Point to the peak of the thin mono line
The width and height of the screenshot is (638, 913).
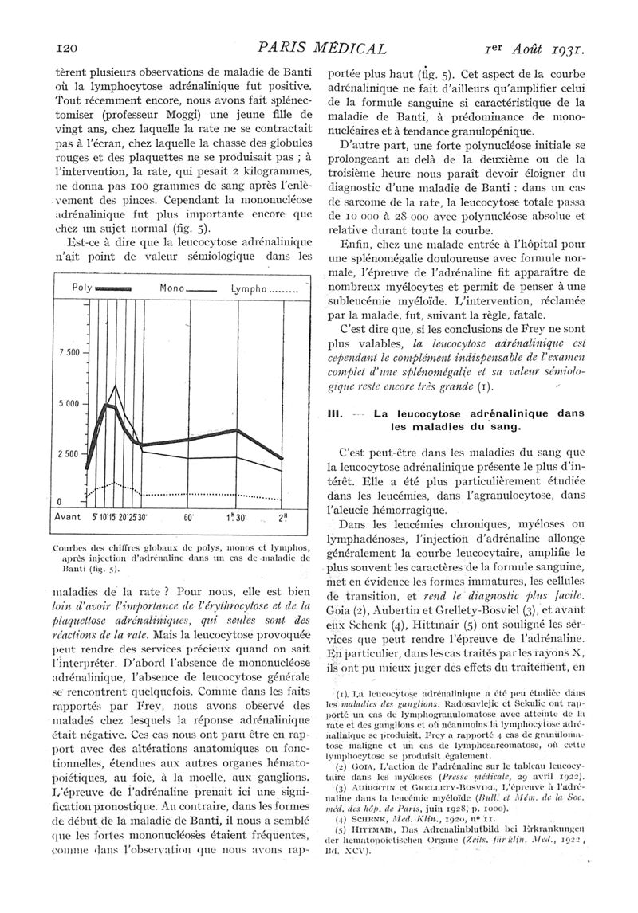116,386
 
